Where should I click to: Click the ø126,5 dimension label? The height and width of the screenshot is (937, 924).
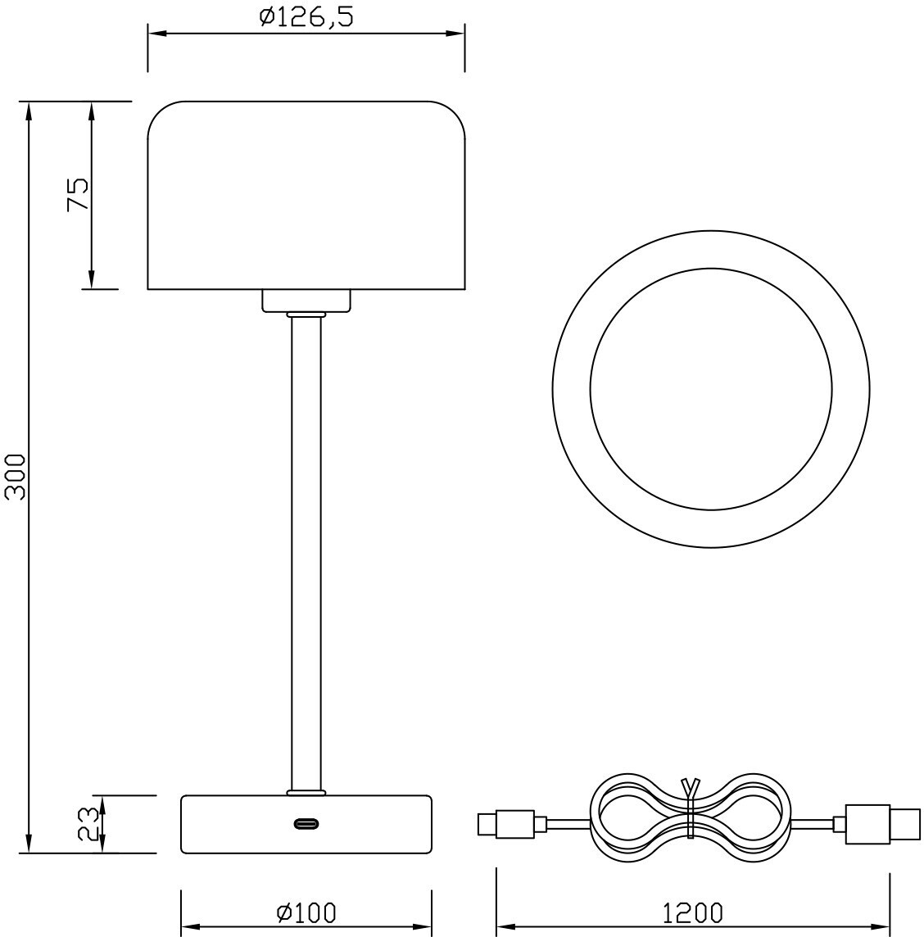pyautogui.click(x=306, y=16)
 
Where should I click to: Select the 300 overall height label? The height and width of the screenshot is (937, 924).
pyautogui.click(x=15, y=477)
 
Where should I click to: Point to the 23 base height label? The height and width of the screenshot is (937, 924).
pyautogui.click(x=88, y=824)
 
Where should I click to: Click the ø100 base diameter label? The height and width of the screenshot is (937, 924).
pyautogui.click(x=306, y=912)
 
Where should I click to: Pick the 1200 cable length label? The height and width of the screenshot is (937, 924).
pyautogui.click(x=693, y=912)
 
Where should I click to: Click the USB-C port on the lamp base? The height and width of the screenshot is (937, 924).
pyautogui.click(x=306, y=824)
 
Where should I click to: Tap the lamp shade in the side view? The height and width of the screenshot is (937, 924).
pyautogui.click(x=306, y=196)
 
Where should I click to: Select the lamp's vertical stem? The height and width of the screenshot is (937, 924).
pyautogui.click(x=306, y=554)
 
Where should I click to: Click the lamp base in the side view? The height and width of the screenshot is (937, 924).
pyautogui.click(x=306, y=824)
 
